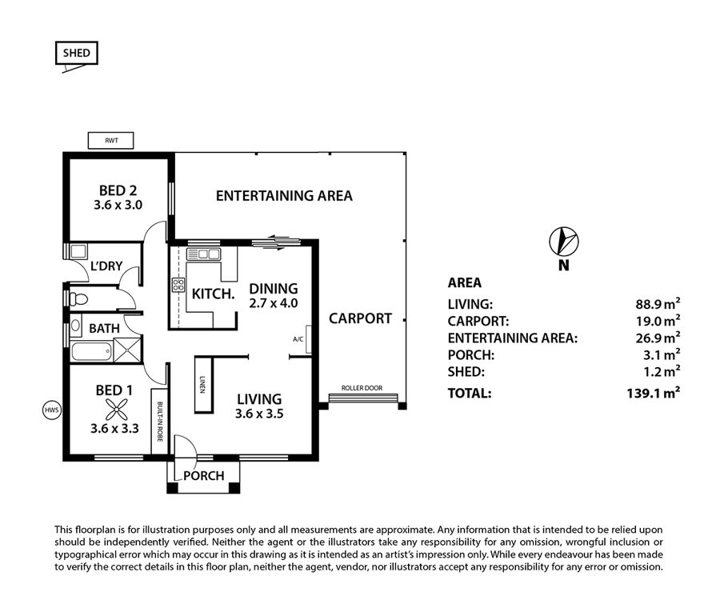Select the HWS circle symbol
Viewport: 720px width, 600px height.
pos(51,410)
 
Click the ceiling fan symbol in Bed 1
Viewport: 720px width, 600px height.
pos(116,410)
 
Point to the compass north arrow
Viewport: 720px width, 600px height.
pos(564,241)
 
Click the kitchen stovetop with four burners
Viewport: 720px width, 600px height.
pos(178,285)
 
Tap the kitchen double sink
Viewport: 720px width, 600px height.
pos(203,254)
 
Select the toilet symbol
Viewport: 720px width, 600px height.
pos(78,299)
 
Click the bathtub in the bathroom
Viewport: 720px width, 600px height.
pos(91,352)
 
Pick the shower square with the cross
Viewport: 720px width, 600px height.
pos(127,350)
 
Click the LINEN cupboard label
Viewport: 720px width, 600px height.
pos(202,385)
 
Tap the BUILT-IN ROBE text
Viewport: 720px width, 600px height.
pos(159,422)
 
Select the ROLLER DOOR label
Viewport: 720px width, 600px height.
pos(362,388)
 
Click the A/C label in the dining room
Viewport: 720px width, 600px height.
pos(298,339)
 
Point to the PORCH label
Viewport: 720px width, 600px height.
pos(204,475)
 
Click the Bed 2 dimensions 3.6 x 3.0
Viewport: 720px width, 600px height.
pos(118,205)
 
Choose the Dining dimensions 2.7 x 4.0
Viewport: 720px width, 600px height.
pos(274,303)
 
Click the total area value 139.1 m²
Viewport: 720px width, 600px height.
pos(653,393)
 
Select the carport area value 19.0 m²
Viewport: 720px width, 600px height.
pos(658,321)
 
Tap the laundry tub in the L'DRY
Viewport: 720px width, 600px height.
pos(78,251)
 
